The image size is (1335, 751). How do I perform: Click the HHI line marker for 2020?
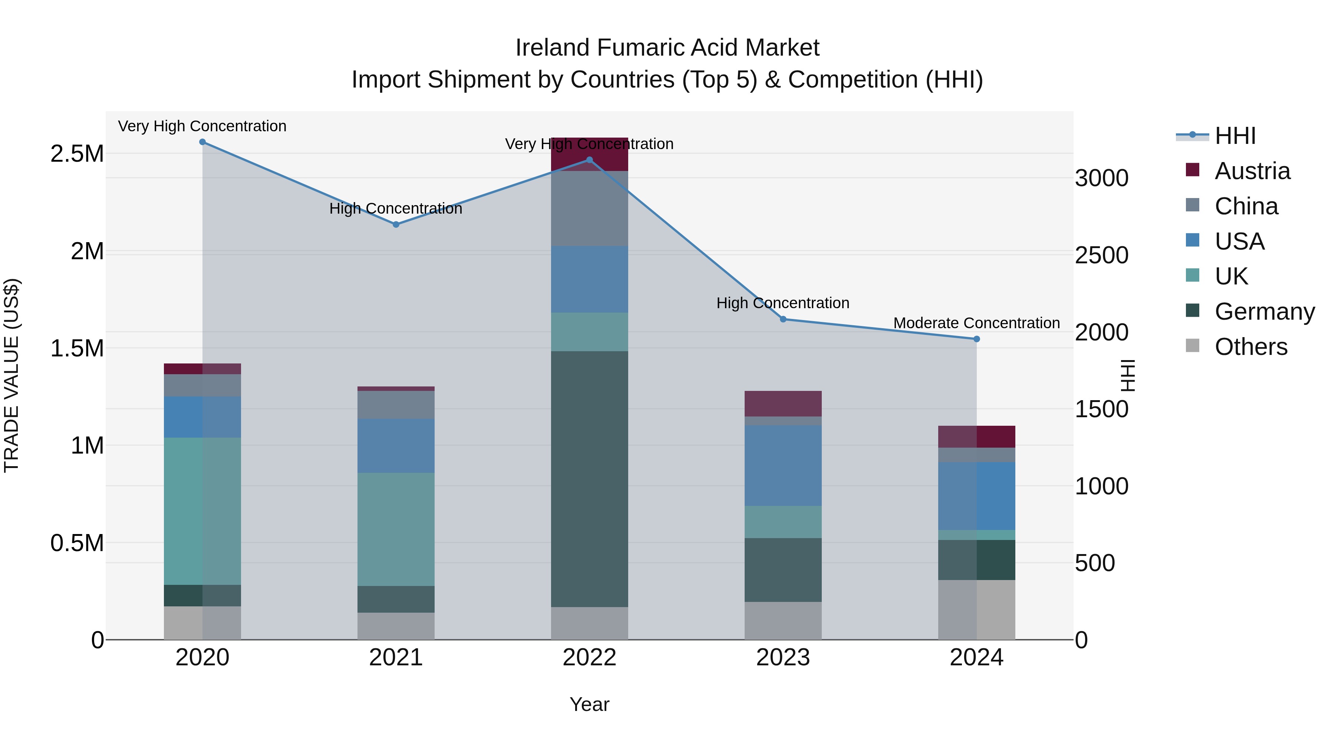click(x=202, y=142)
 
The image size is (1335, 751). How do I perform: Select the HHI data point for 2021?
click(x=396, y=224)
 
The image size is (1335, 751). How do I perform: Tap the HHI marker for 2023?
click(x=783, y=319)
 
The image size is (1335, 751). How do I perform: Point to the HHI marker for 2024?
click(x=976, y=339)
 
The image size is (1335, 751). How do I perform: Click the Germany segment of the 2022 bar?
click(x=589, y=480)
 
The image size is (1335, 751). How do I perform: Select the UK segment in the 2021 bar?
click(x=396, y=529)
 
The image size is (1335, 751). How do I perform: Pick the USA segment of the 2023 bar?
click(x=783, y=465)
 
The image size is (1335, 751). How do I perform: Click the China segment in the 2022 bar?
click(x=589, y=208)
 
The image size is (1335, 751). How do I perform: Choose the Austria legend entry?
click(x=1252, y=171)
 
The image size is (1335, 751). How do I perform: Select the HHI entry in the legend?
click(x=1235, y=136)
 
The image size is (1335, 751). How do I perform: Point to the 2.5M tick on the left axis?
click(x=77, y=154)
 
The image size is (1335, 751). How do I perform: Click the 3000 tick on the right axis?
click(x=1101, y=178)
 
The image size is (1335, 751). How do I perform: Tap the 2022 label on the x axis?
click(x=589, y=658)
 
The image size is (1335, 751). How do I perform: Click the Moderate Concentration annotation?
click(x=976, y=323)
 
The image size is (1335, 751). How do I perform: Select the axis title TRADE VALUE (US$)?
click(x=11, y=375)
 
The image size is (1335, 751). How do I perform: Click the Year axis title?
click(x=589, y=704)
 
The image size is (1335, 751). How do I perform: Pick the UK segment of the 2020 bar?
click(x=202, y=511)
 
